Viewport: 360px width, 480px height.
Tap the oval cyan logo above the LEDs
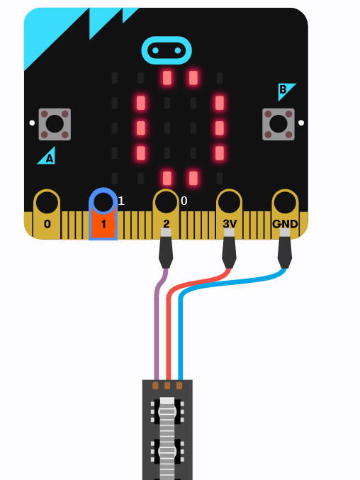pos(167,50)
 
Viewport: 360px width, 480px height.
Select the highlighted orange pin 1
pos(103,214)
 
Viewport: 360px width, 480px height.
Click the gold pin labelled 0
pos(47,214)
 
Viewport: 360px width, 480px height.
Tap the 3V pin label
pos(230,224)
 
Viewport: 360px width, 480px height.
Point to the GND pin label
pos(285,224)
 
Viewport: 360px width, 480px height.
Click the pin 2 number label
pos(166,223)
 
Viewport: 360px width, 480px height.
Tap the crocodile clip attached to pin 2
pos(166,249)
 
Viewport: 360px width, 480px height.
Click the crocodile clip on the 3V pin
pos(229,249)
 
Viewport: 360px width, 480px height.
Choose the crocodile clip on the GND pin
pos(285,249)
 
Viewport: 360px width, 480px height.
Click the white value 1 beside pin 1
pos(121,201)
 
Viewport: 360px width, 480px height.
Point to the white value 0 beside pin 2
pos(184,201)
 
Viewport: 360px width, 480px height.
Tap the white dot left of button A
pos(32,123)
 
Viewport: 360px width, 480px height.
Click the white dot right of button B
pos(301,123)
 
